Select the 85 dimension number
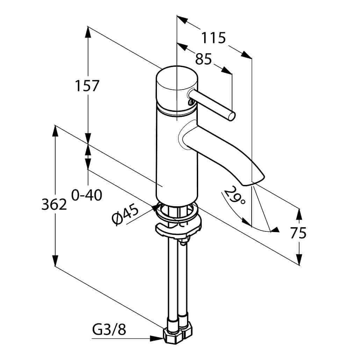[203, 59]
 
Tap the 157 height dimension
[87, 86]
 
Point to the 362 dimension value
[54, 204]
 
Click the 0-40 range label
[87, 195]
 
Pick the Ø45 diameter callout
[125, 215]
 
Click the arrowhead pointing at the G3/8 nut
[157, 338]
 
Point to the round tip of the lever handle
[231, 116]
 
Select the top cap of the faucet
[177, 78]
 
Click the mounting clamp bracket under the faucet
[178, 230]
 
